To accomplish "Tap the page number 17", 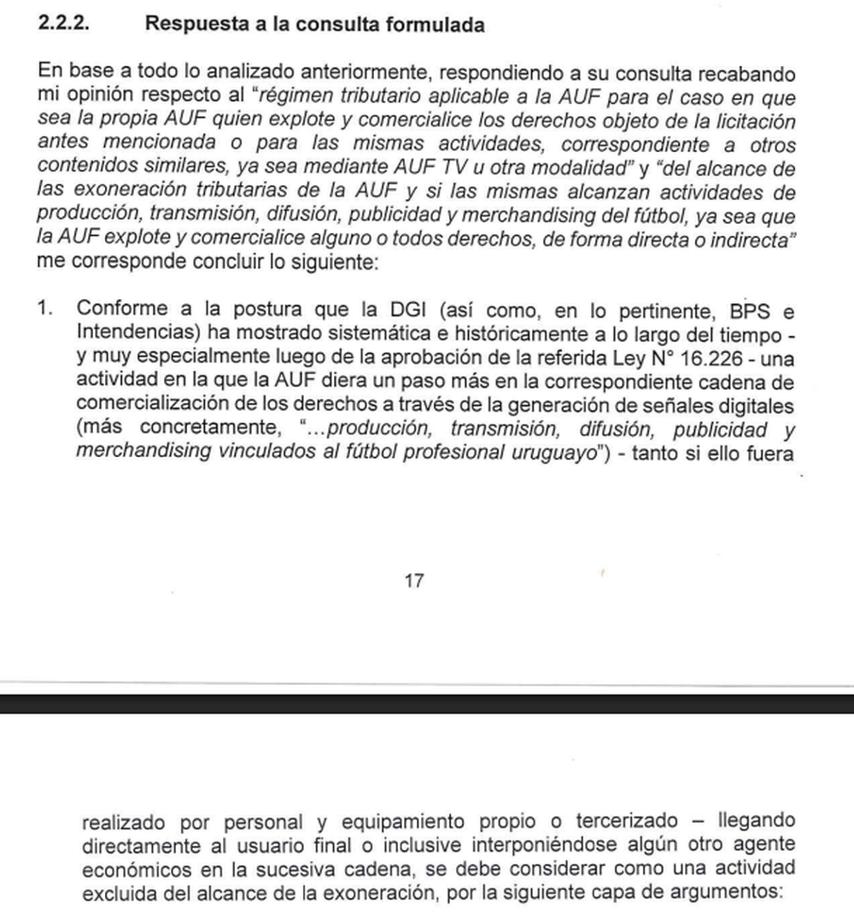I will click(x=413, y=581).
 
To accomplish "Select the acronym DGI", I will click(x=397, y=308).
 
